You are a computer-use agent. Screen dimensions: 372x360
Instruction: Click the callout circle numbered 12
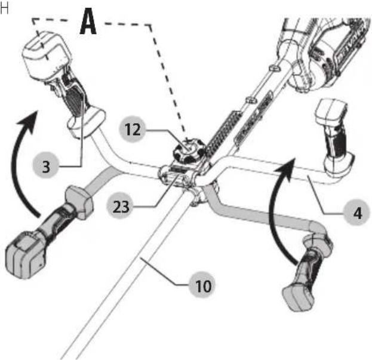(132, 129)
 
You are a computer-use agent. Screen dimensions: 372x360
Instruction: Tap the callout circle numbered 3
(46, 166)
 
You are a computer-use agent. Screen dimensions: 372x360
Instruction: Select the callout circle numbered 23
(121, 207)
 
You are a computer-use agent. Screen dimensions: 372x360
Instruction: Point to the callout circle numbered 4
(357, 213)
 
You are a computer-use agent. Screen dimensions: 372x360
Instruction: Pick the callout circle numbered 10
(203, 286)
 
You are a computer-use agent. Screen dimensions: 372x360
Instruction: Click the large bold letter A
(88, 21)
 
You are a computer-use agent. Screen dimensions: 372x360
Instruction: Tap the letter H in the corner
(4, 9)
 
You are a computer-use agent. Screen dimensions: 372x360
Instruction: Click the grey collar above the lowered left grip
(78, 202)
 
